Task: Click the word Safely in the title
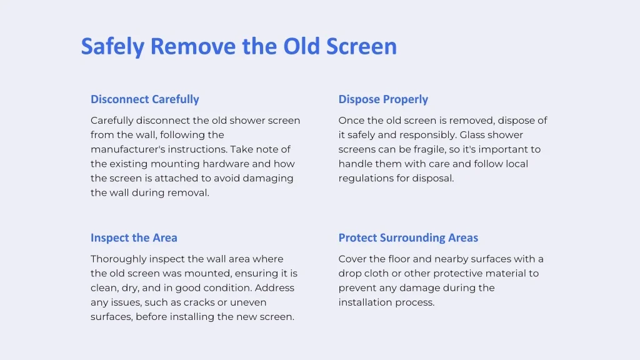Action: tap(112, 46)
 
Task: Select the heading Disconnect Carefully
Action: tap(145, 99)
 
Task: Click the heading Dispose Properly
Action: tap(383, 99)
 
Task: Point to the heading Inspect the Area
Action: tap(134, 238)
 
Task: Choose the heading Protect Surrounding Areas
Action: tap(408, 238)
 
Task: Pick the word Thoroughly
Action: tap(118, 259)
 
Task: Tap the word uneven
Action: tap(248, 303)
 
